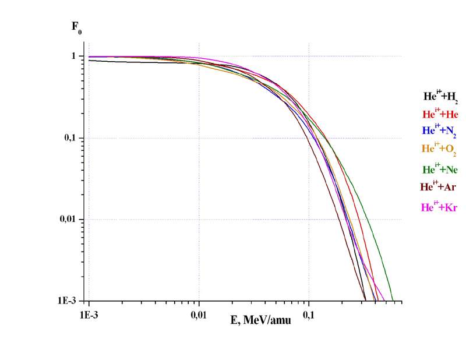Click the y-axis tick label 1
(74, 56)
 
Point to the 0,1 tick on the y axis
(71, 138)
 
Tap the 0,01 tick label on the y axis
(69, 220)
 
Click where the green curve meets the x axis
(393, 300)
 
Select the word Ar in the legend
(450, 188)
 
